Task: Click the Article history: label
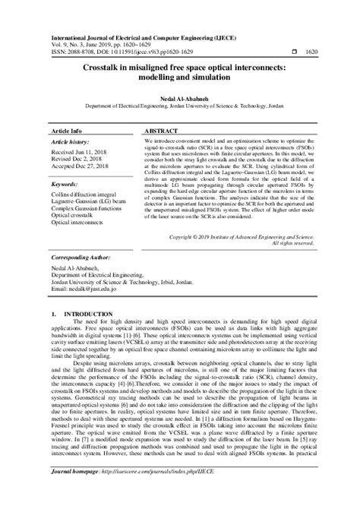click(x=73, y=142)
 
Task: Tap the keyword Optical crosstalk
click(x=76, y=217)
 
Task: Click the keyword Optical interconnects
click(x=81, y=224)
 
